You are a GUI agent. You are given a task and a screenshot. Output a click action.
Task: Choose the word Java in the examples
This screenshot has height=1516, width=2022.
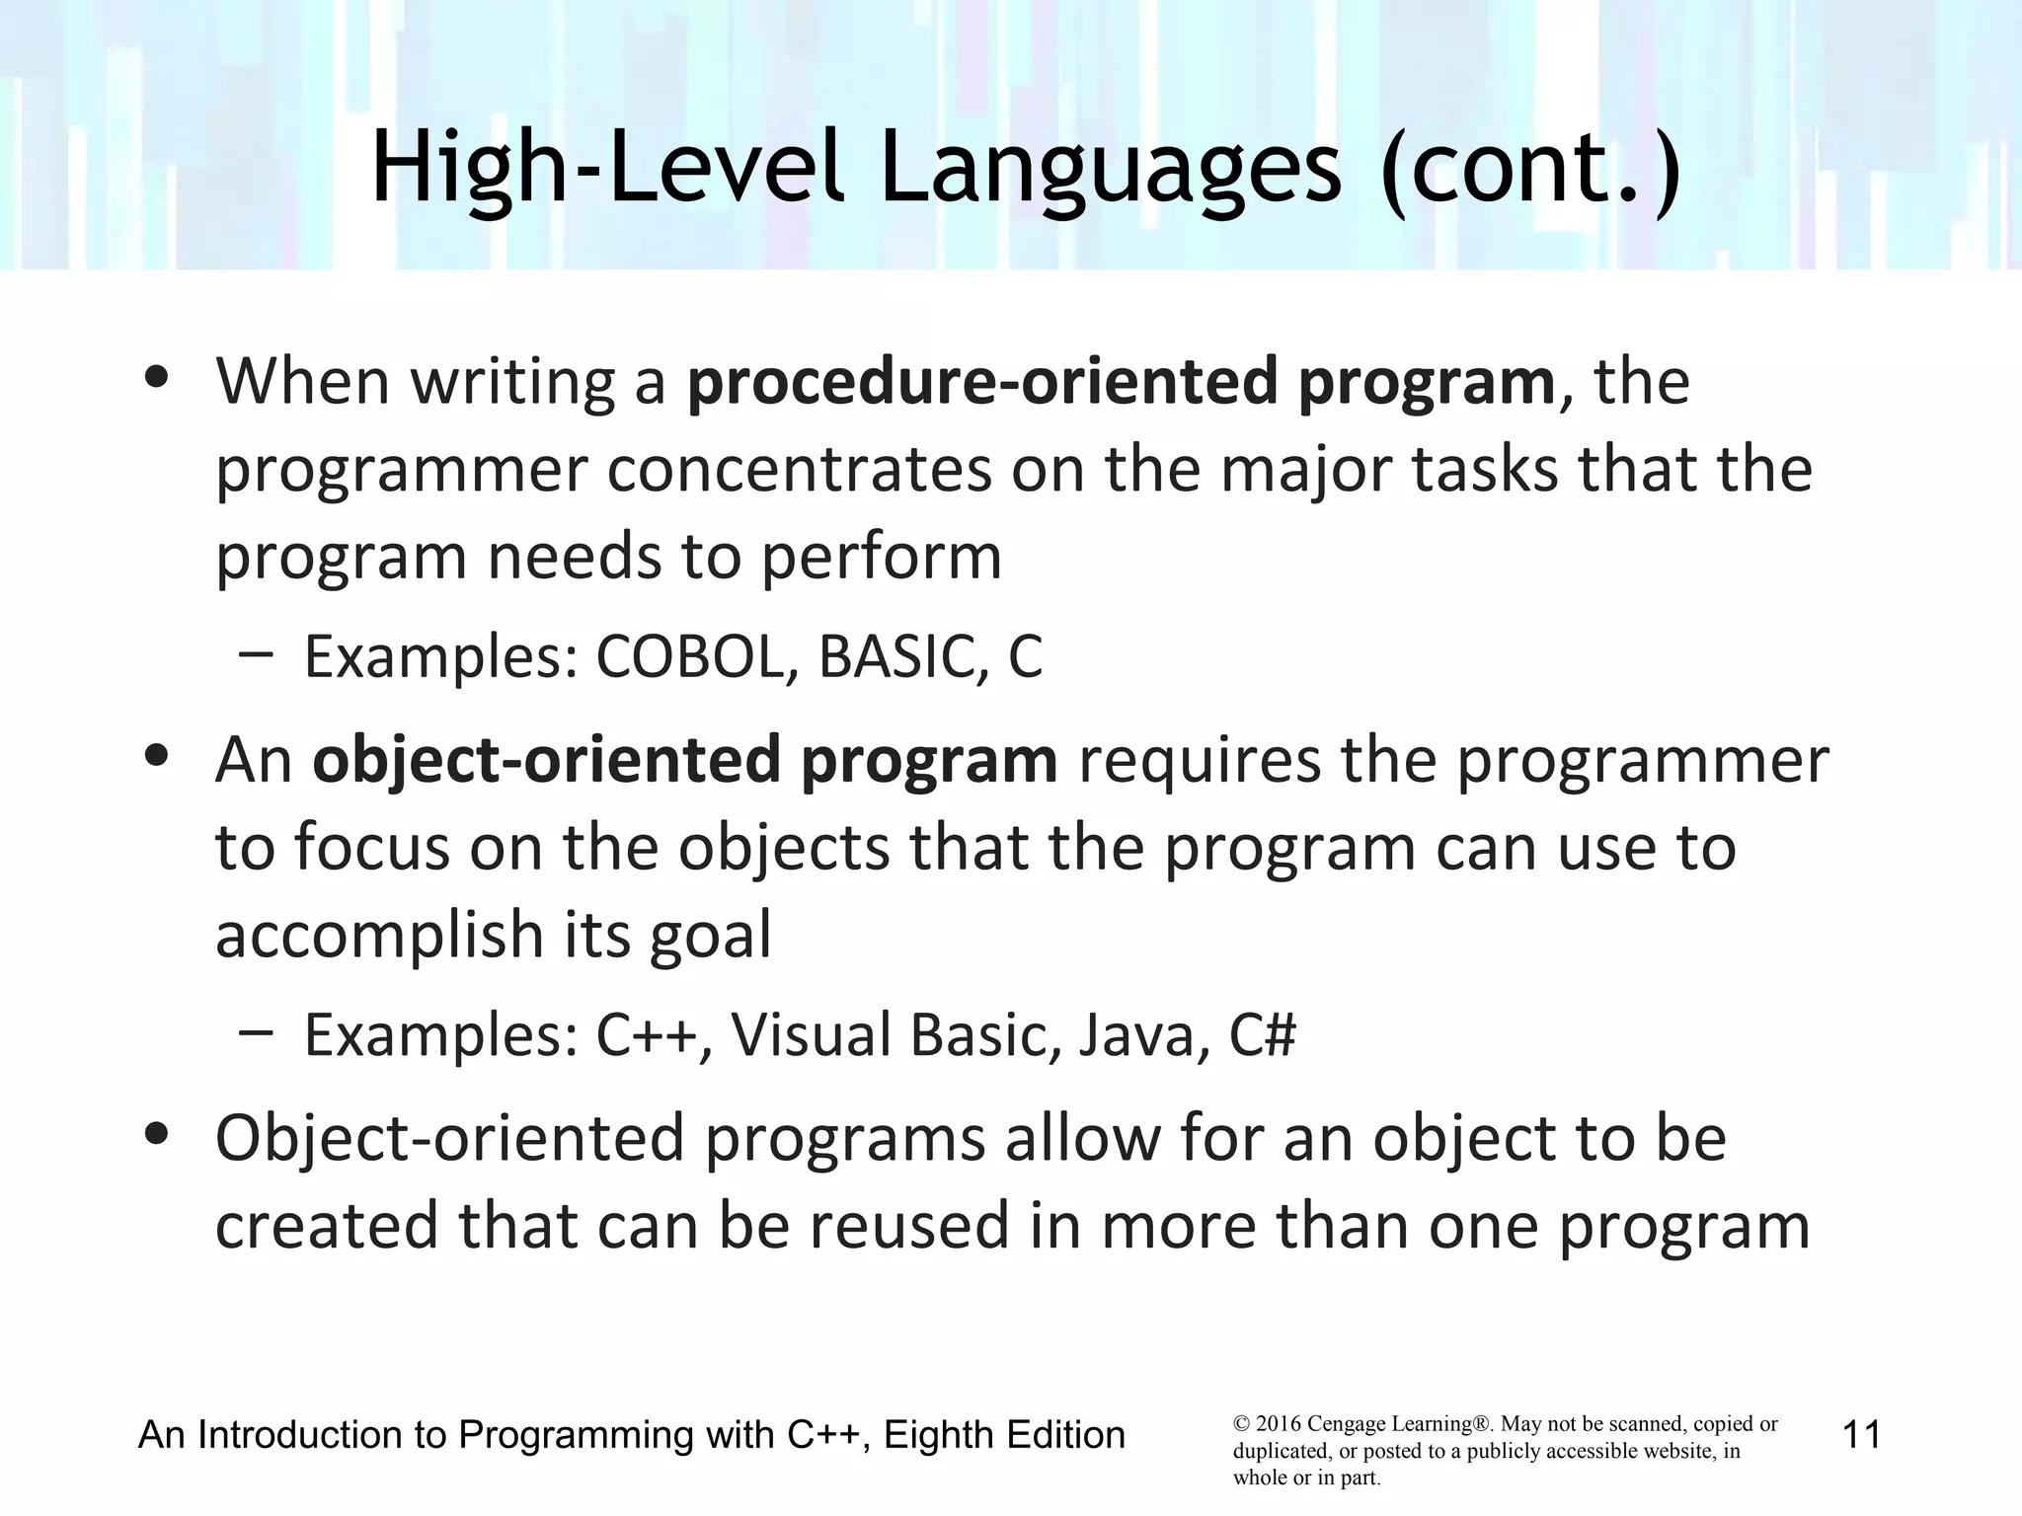1143,1035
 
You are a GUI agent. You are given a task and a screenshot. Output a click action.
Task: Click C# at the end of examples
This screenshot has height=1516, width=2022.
1262,1035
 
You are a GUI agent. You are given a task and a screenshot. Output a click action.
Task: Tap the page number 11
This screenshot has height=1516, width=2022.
1861,1434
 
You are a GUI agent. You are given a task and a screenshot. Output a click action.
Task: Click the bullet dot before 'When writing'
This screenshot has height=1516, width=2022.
156,378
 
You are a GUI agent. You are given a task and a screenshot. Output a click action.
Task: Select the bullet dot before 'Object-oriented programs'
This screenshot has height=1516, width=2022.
156,1135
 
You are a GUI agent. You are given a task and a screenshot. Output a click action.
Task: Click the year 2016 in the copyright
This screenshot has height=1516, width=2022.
1279,1424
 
